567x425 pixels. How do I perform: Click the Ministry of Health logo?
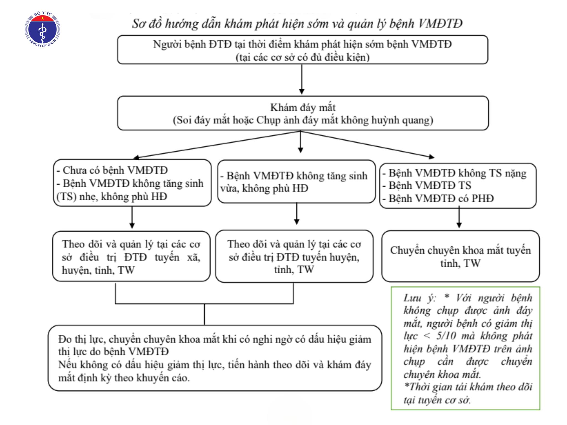[42, 29]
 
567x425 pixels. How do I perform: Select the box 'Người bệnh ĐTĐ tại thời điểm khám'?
[303, 50]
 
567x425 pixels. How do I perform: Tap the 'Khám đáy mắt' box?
[303, 113]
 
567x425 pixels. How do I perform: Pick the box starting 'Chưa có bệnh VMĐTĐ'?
[132, 183]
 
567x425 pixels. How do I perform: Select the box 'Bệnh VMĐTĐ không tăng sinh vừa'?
[296, 182]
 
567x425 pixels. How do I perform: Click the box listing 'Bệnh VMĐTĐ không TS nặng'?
[458, 186]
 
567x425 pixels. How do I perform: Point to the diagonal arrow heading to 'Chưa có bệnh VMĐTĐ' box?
[217, 145]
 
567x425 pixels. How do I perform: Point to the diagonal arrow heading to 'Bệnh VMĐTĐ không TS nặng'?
[368, 144]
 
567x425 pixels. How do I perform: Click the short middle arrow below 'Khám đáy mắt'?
[301, 142]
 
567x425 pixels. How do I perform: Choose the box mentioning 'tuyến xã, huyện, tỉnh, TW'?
[131, 256]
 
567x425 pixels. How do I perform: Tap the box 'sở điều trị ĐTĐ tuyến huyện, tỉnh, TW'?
[294, 256]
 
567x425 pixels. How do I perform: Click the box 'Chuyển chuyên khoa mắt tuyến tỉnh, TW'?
[460, 256]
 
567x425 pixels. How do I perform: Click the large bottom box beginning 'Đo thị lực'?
[215, 358]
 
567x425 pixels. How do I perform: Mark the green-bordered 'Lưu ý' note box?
[465, 348]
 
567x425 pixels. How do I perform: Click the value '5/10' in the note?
[446, 336]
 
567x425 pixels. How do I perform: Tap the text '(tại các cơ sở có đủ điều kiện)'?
[303, 57]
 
